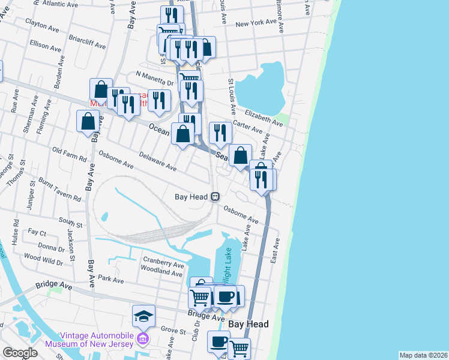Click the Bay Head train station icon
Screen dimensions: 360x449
[x=214, y=196]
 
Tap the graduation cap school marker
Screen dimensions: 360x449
[x=144, y=315]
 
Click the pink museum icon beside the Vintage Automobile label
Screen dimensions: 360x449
[x=143, y=340]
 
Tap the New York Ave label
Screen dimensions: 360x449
[x=259, y=24]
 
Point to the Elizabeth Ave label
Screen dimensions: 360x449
[x=265, y=117]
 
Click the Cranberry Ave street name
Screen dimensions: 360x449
[x=163, y=264]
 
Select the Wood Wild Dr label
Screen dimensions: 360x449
[x=43, y=260]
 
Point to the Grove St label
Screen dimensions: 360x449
[x=173, y=329]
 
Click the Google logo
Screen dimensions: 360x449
[x=20, y=353]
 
